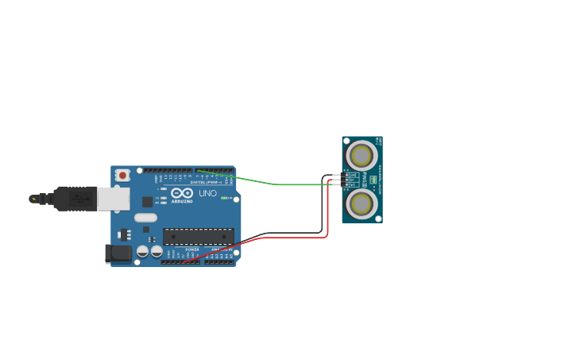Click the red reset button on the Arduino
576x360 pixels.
tap(122, 175)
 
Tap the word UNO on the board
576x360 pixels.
tap(207, 193)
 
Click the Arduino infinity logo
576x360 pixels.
tap(182, 192)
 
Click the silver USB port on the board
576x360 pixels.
tap(113, 199)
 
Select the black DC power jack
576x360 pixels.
tap(118, 254)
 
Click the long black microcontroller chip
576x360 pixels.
tap(199, 236)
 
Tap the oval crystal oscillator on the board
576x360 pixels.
tap(145, 217)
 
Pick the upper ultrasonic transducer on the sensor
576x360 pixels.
tap(361, 155)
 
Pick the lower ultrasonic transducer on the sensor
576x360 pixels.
tap(361, 203)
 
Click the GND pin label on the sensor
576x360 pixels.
tap(351, 175)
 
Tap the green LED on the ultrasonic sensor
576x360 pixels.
tap(373, 180)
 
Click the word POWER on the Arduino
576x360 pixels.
tap(192, 250)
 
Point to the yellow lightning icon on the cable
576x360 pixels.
tap(33, 199)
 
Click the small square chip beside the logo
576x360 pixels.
tap(147, 202)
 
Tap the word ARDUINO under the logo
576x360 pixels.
tap(182, 201)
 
